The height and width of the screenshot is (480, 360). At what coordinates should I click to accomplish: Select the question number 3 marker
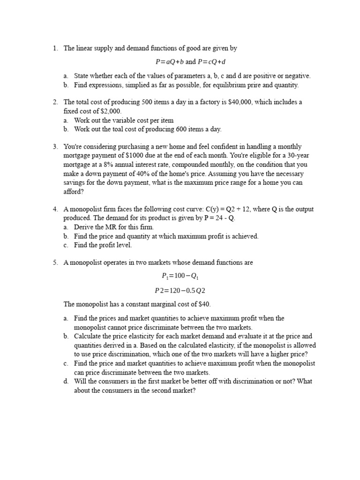tap(55, 147)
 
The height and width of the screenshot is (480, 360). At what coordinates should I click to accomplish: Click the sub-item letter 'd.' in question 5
tap(66, 381)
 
